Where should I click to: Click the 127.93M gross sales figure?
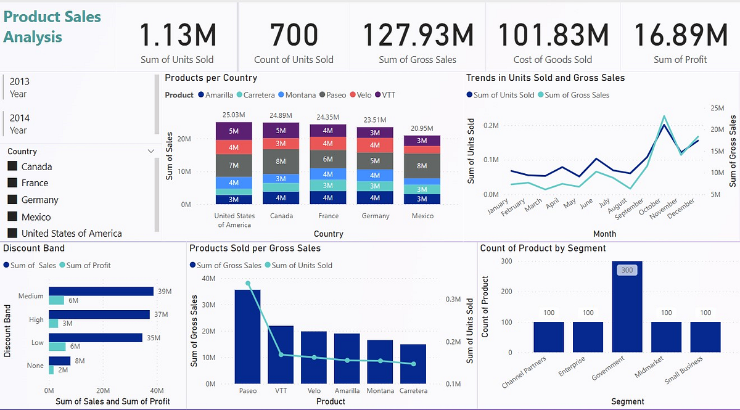(417, 35)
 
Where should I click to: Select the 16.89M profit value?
(680, 35)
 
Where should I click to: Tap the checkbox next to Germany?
(12, 200)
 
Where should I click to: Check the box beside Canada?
(12, 166)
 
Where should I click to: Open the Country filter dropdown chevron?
(151, 151)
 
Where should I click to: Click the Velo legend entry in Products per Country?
(360, 95)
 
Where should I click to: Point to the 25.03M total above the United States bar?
(234, 115)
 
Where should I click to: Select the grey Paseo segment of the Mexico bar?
(422, 166)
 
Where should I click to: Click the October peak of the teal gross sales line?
(664, 116)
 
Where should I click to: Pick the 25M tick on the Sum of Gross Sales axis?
(717, 108)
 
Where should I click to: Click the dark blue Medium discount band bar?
(101, 292)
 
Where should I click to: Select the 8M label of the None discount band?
(80, 361)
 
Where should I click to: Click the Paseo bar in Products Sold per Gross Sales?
(248, 336)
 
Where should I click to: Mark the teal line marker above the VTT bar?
(281, 355)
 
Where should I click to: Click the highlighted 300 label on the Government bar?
(627, 270)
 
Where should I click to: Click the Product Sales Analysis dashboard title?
(52, 27)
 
